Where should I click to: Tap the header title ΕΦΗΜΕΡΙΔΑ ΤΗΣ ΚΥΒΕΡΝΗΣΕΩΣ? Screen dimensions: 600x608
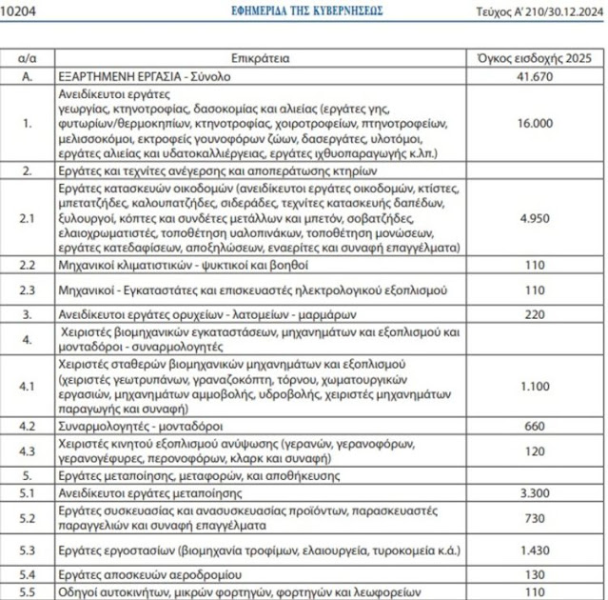pos(306,10)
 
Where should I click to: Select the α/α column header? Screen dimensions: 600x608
pos(29,58)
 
